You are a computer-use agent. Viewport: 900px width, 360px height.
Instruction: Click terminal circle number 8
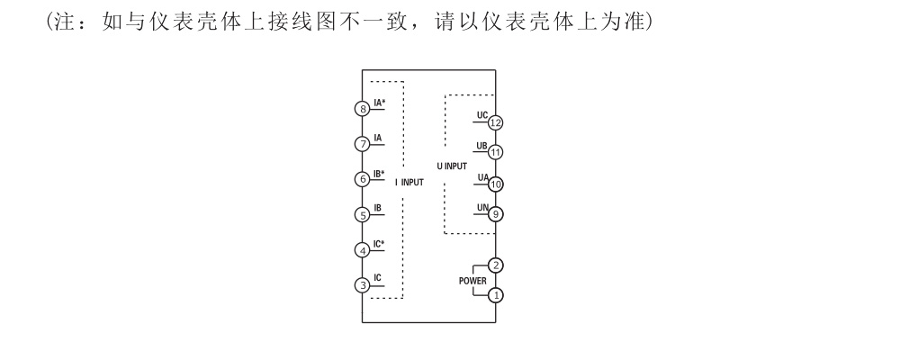[363, 109]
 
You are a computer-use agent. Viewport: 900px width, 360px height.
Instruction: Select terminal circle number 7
[363, 144]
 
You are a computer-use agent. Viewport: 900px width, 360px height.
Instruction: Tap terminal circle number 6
[363, 179]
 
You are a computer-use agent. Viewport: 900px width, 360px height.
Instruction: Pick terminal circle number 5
[363, 215]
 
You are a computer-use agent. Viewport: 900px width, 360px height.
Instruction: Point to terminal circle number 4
[363, 250]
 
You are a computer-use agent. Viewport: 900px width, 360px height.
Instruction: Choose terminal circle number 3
[363, 285]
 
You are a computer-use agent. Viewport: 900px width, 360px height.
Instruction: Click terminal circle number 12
[495, 122]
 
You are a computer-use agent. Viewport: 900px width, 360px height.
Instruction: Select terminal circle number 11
[495, 153]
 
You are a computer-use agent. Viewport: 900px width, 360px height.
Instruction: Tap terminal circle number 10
[495, 184]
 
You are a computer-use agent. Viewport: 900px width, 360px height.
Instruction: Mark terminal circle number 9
[495, 214]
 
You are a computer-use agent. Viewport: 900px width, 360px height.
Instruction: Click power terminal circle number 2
[495, 265]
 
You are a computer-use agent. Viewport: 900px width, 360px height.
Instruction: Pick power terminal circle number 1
[495, 294]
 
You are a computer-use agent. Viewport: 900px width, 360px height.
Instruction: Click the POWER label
[472, 280]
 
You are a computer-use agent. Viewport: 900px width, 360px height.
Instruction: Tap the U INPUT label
[452, 166]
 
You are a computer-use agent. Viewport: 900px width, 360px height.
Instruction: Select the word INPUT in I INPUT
[412, 182]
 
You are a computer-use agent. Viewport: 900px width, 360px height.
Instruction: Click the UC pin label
[482, 115]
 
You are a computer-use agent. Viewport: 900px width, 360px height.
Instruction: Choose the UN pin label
[482, 208]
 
